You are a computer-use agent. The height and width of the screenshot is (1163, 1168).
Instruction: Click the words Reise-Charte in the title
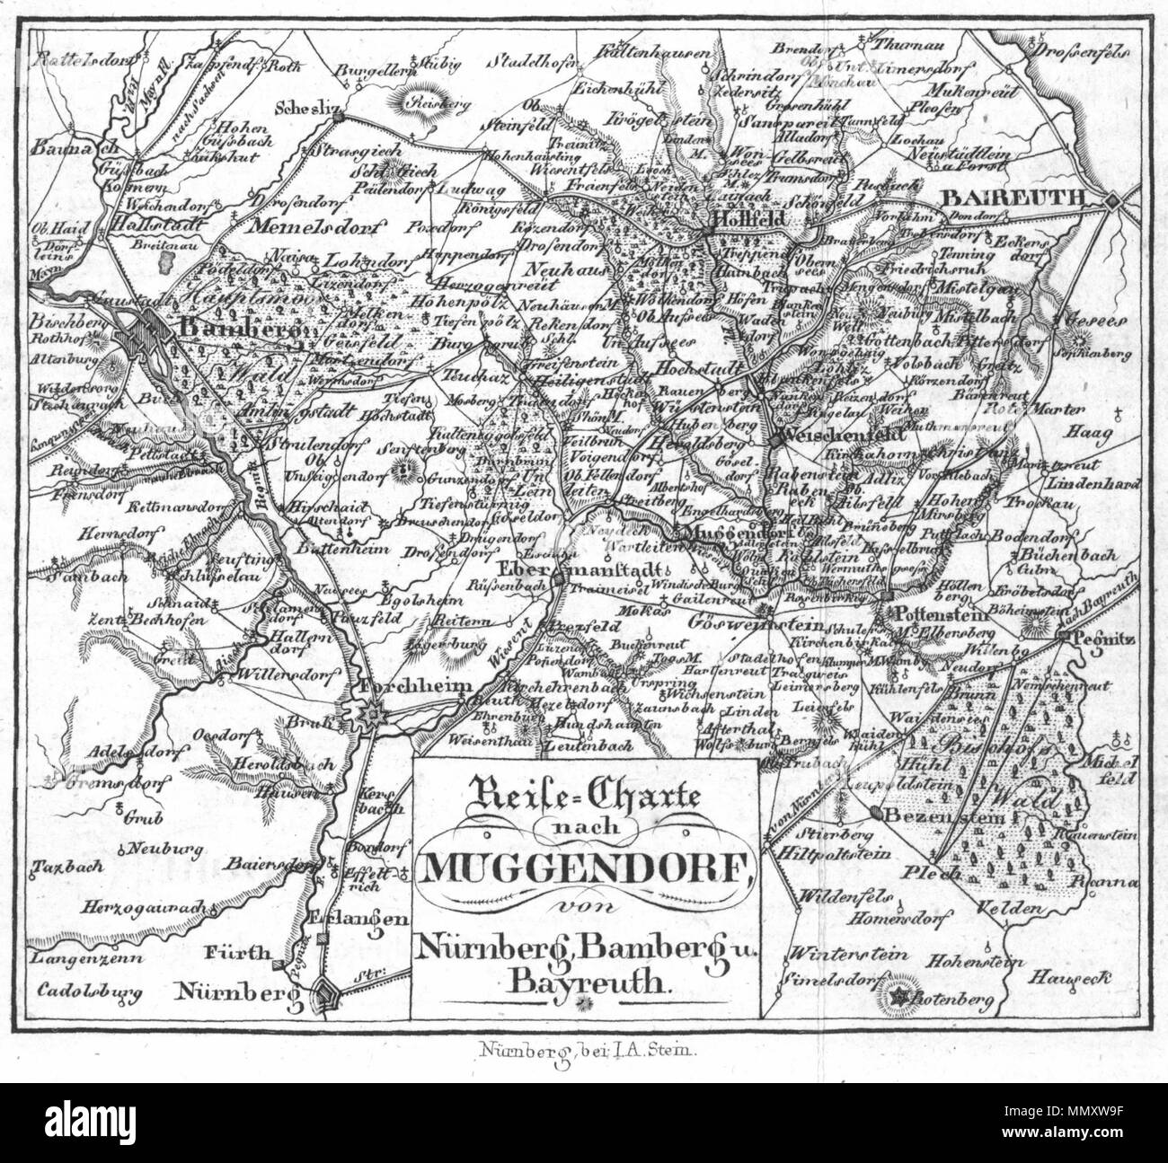click(584, 792)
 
